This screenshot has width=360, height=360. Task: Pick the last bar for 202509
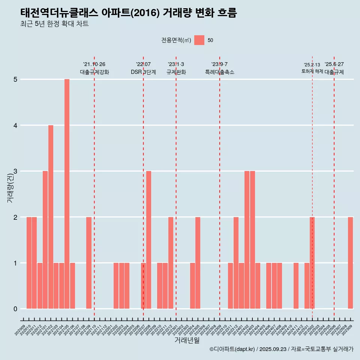point(350,263)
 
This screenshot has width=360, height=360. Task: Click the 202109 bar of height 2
point(89,263)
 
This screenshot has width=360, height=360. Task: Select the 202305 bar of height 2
point(198,263)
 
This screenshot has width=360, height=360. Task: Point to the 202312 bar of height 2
point(236,263)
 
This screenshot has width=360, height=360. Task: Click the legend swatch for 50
point(199,40)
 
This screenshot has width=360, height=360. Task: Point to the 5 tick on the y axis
point(16,79)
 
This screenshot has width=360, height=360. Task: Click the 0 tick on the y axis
point(16,309)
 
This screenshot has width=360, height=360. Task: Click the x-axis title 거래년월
point(187,340)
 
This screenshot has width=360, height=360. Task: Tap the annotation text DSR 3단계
point(143,72)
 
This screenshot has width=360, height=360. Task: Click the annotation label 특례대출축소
point(220,72)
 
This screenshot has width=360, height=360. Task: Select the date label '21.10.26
point(94,64)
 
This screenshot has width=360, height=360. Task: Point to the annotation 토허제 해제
point(312,71)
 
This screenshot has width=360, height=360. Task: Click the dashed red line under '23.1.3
point(176,187)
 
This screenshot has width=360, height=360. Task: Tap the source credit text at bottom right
point(281,349)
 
